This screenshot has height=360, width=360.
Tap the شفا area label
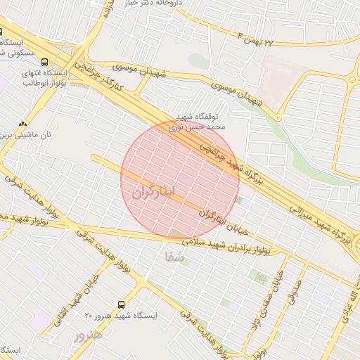click(x=174, y=257)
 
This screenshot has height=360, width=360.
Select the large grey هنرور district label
click(x=89, y=335)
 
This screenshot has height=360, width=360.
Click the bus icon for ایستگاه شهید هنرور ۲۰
click(x=122, y=304)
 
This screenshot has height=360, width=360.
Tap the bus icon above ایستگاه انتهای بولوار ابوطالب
click(x=45, y=62)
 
